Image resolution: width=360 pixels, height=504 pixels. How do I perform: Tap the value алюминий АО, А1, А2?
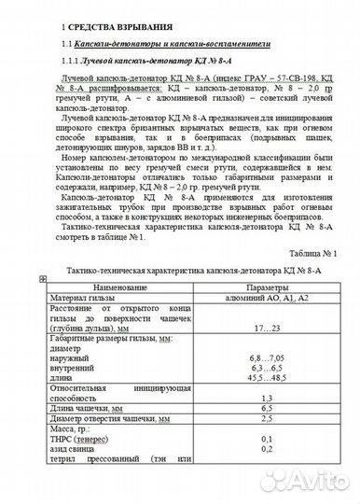coord(267,297)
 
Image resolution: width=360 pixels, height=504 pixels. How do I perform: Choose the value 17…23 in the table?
coord(267,329)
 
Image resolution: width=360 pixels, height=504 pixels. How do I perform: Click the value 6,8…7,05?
coord(267,357)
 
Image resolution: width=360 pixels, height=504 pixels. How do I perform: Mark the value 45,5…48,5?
coord(267,378)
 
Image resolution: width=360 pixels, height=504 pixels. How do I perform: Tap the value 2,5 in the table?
coord(267,419)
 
